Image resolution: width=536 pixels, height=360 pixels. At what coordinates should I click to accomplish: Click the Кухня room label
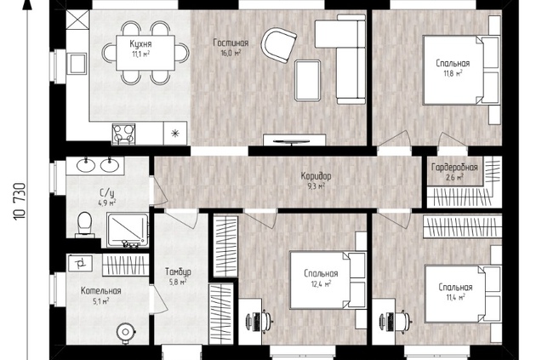140,43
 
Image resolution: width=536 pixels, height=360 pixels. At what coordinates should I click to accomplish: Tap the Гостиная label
231,43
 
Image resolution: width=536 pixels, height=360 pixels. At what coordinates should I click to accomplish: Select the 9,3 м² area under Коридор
316,186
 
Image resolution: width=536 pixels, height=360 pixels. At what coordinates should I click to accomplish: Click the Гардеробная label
454,168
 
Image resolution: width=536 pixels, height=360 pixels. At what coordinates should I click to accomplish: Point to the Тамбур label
178,271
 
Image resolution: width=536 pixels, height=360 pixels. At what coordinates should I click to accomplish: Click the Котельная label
101,291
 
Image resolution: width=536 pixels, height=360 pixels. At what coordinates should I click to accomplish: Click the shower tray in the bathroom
128,230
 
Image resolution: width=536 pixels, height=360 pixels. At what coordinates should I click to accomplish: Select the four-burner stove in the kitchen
123,134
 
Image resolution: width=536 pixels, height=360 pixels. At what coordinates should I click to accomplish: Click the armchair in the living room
278,45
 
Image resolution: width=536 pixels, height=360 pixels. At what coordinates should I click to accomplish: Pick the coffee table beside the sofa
307,80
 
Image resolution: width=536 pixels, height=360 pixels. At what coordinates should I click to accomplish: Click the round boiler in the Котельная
126,332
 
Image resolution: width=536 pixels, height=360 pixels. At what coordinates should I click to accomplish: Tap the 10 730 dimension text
20,202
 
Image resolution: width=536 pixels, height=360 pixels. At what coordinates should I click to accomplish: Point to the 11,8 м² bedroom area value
453,73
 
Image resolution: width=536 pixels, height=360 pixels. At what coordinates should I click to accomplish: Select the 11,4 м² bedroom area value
455,297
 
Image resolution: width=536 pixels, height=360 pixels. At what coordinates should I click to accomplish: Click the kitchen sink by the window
77,64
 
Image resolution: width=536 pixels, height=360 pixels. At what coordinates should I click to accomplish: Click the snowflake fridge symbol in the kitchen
175,134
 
